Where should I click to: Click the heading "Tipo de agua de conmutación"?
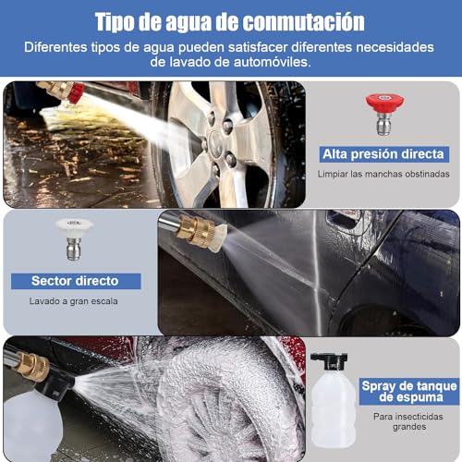230,20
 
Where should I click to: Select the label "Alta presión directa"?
383,153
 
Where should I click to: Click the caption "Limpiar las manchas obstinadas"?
383,174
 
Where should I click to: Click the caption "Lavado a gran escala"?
76,300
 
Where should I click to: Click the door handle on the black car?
344,220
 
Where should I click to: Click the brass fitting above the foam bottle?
31,368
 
